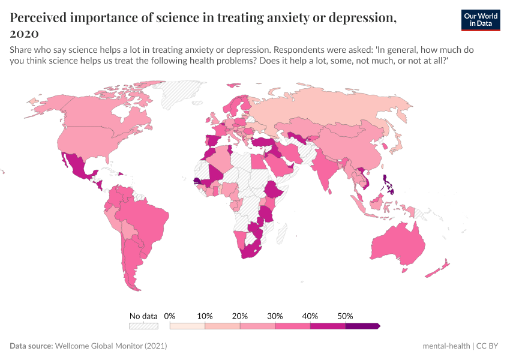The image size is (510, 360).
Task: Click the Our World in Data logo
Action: [x=481, y=19]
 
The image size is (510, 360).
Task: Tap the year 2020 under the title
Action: [x=24, y=33]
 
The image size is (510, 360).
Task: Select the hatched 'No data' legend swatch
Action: [x=143, y=326]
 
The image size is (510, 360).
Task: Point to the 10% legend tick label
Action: [x=205, y=316]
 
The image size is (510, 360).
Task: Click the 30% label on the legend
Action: [x=275, y=316]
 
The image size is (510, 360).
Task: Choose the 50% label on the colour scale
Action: [x=345, y=316]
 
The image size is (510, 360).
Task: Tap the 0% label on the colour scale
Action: [x=170, y=316]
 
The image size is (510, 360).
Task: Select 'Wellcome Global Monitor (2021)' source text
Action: [x=110, y=346]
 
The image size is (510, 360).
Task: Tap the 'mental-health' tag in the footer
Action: [x=446, y=346]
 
